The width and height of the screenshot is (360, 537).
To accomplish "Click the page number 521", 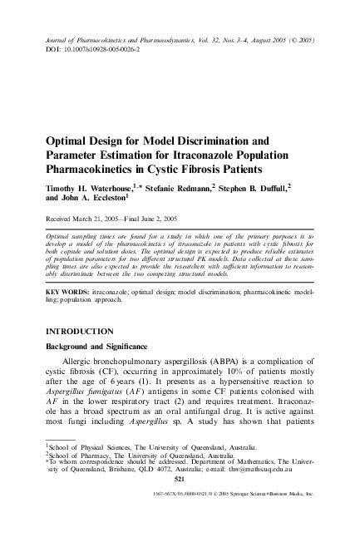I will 180,480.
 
